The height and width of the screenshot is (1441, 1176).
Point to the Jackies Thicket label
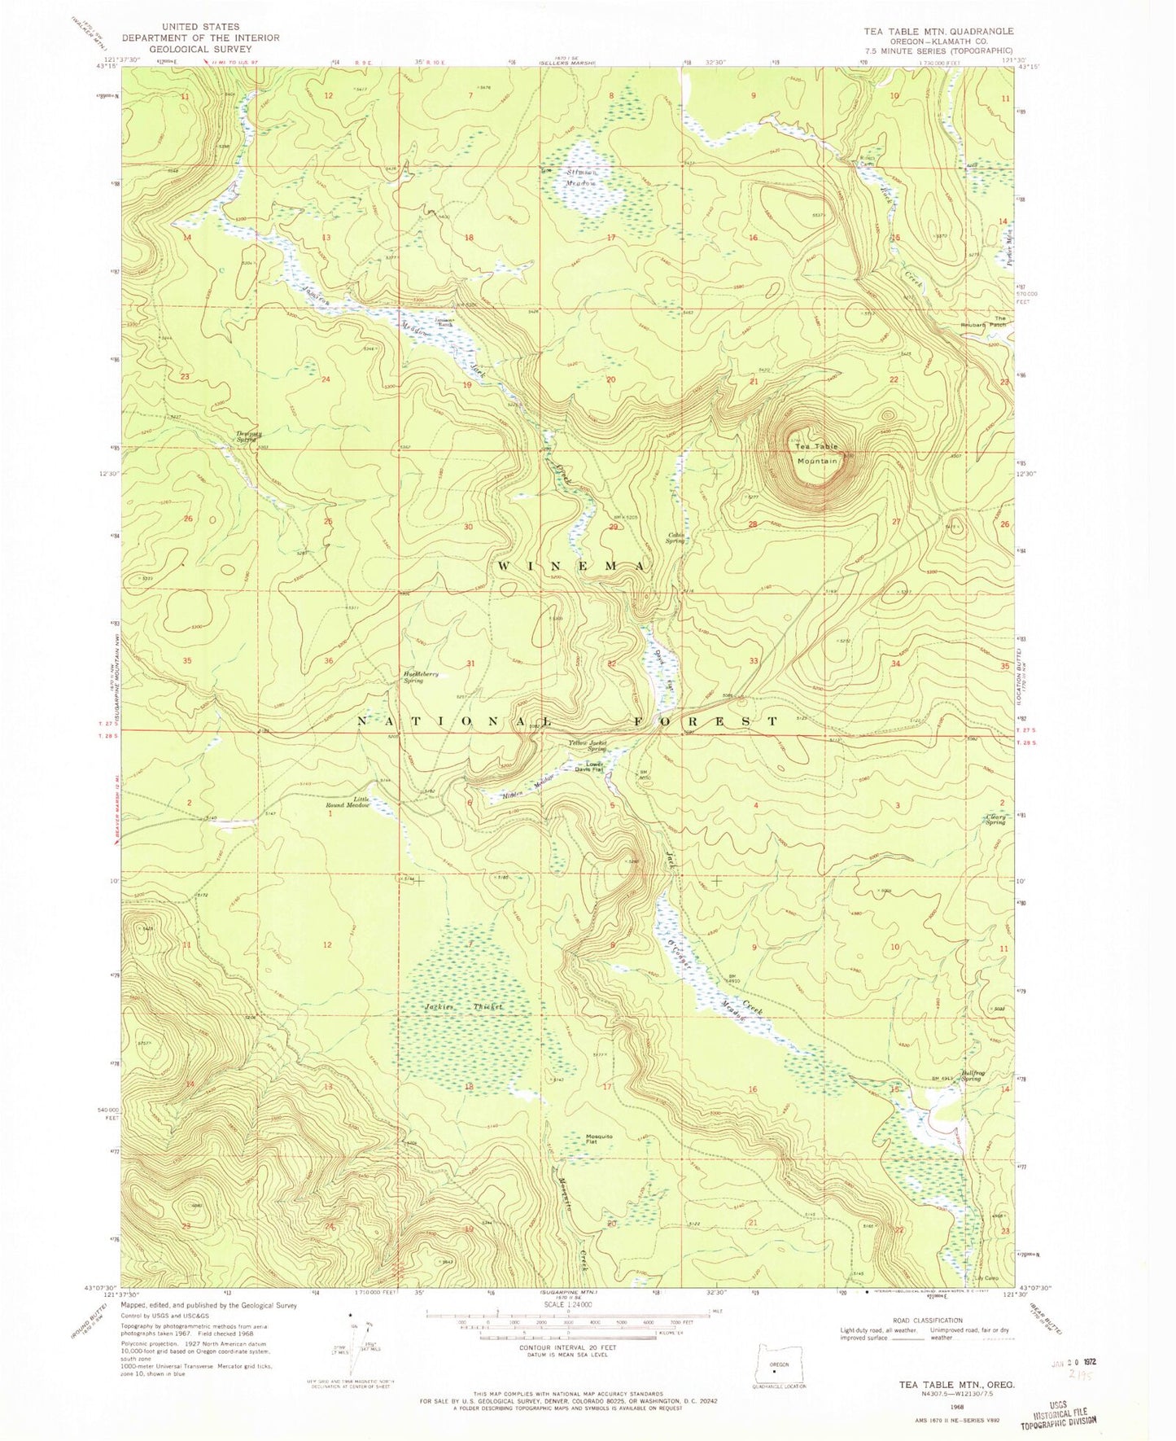coord(463,1007)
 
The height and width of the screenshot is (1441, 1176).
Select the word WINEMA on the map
coord(571,565)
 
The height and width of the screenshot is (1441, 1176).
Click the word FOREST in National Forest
coord(706,721)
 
